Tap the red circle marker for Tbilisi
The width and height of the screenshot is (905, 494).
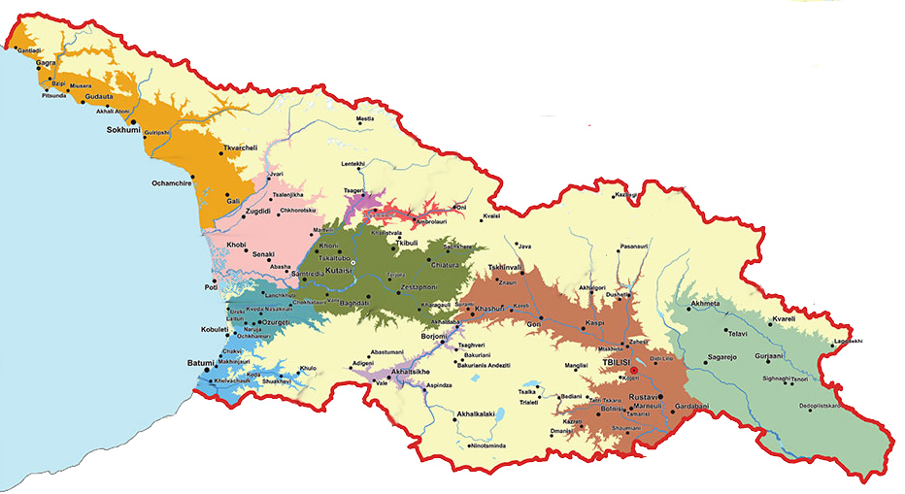pos(632,370)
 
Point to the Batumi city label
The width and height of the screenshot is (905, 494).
pos(205,365)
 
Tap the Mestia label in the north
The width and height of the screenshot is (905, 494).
pos(365,119)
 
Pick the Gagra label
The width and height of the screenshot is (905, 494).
pos(46,62)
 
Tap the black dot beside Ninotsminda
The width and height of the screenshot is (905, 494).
pos(470,446)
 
